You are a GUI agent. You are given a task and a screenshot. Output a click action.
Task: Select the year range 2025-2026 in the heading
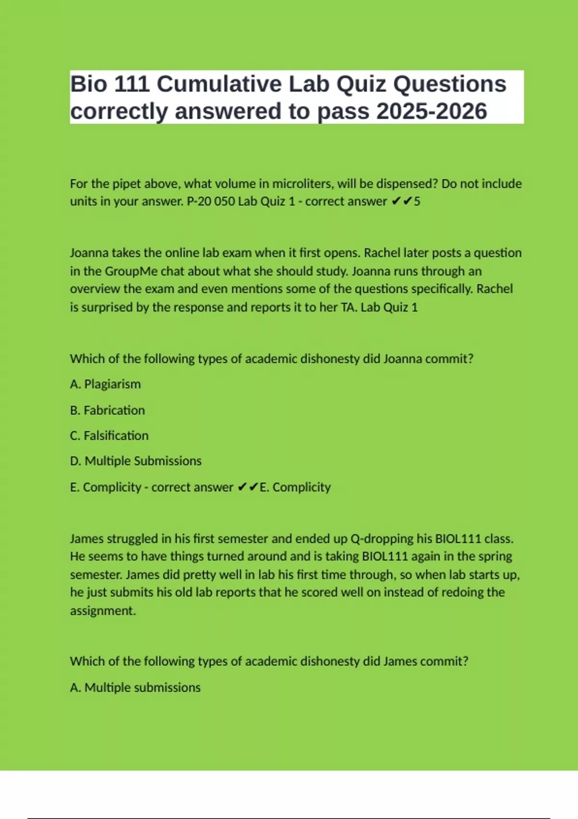[432, 111]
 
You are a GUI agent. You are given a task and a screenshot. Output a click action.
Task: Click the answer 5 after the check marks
[417, 201]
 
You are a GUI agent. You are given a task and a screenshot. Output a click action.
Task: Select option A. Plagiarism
[105, 384]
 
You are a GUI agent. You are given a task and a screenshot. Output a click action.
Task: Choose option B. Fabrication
[107, 410]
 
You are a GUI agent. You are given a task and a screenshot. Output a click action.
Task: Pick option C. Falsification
[109, 436]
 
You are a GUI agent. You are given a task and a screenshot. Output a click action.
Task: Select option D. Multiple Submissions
[136, 461]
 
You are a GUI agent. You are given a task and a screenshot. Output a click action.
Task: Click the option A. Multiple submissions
[135, 687]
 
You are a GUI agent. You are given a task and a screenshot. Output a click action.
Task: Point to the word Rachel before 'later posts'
[382, 253]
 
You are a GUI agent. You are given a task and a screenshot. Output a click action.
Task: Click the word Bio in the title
[89, 84]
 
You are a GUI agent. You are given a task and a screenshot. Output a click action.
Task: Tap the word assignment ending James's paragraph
[103, 611]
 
